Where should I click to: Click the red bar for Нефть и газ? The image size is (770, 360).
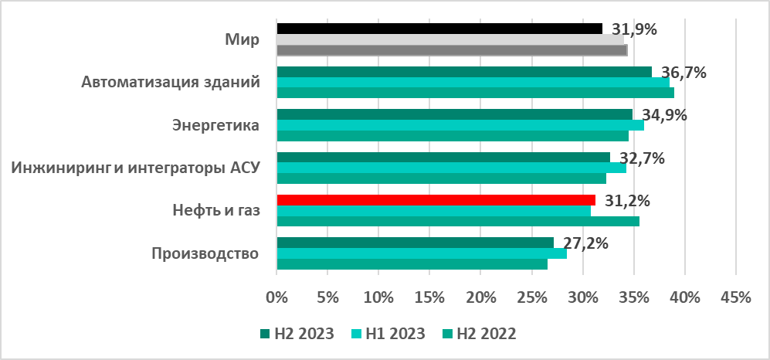tap(436, 200)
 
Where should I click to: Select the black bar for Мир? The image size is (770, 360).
tap(439, 29)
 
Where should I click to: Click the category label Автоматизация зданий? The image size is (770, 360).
tap(170, 82)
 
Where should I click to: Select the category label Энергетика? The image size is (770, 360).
tap(214, 125)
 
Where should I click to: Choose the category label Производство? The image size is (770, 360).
tap(204, 253)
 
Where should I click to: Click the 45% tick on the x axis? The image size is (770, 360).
tap(734, 297)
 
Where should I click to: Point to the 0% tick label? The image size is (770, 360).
tap(276, 297)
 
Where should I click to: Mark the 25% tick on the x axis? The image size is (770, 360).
tap(531, 297)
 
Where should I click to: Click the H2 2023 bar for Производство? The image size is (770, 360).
tap(415, 243)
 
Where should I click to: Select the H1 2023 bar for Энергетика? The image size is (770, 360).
tap(460, 125)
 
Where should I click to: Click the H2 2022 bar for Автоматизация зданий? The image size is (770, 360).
tap(475, 93)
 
